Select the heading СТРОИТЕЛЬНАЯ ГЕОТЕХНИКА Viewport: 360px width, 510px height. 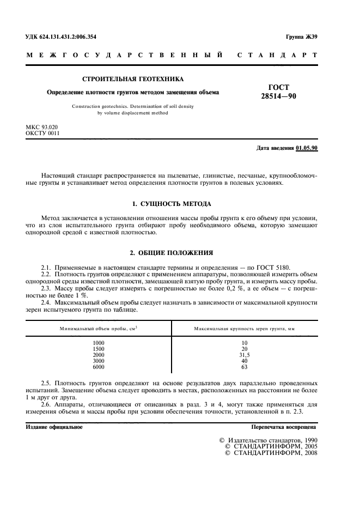[x=133, y=79]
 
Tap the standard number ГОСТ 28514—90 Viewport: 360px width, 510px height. [x=279, y=91]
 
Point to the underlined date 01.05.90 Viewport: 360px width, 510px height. [x=307, y=148]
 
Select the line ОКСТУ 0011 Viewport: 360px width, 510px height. [x=39, y=133]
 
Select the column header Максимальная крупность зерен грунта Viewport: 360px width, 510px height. [x=244, y=329]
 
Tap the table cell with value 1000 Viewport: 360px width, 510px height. [x=98, y=343]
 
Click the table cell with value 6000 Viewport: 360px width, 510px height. [x=98, y=367]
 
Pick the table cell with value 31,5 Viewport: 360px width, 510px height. [x=244, y=355]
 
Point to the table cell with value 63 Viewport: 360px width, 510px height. [x=244, y=367]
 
